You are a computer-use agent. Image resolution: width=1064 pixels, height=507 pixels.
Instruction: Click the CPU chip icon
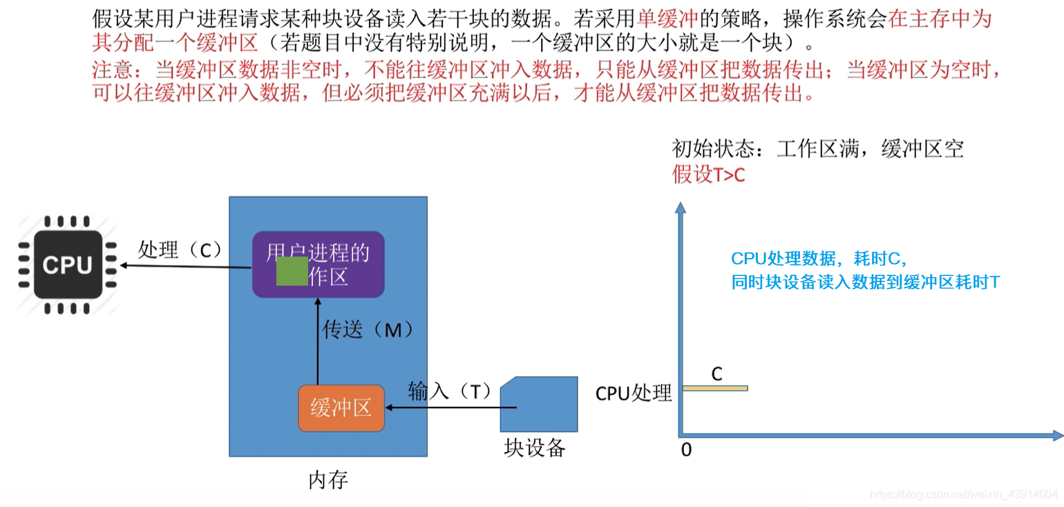tap(67, 265)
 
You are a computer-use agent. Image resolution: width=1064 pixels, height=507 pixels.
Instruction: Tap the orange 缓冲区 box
tap(341, 408)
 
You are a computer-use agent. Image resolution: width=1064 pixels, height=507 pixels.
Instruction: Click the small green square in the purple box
tap(292, 271)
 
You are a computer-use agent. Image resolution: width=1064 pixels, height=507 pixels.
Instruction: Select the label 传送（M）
tap(368, 330)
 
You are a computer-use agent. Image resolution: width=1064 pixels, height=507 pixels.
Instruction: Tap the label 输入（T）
tap(449, 391)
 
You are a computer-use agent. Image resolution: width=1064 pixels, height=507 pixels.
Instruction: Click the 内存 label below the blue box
tap(327, 479)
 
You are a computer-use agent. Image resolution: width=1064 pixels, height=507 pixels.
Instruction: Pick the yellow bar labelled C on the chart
tap(715, 388)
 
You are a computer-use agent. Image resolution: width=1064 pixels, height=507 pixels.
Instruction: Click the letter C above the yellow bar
tap(716, 374)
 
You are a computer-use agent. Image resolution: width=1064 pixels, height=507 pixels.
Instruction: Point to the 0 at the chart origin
tap(686, 450)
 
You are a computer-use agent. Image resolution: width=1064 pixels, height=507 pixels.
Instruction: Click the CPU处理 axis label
tap(634, 393)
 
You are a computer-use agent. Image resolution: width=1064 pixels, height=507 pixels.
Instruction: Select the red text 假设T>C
tap(708, 175)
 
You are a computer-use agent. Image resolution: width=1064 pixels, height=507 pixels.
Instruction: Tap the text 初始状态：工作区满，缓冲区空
tap(817, 149)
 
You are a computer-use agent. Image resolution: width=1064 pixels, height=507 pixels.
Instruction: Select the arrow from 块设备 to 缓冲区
tap(442, 408)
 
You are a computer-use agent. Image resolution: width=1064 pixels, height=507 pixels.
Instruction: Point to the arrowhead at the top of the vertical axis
tap(681, 207)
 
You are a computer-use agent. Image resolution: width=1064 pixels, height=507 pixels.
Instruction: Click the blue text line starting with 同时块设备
tap(865, 282)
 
